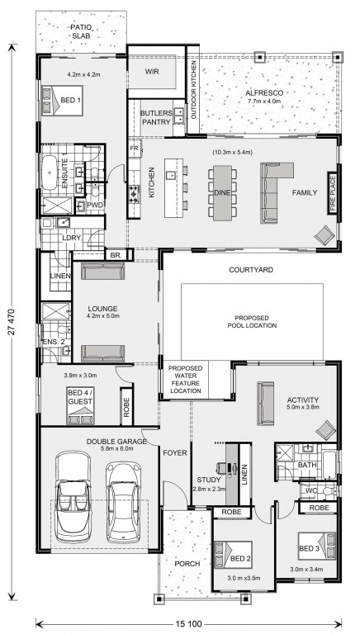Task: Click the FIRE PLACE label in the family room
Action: [x=332, y=193]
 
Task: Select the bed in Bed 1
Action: [x=62, y=100]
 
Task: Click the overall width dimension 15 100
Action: [x=189, y=624]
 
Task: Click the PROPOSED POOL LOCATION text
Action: [x=252, y=321]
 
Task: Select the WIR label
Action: [x=152, y=72]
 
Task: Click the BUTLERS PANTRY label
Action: [x=156, y=117]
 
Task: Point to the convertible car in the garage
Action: [x=73, y=496]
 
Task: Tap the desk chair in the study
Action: [x=221, y=468]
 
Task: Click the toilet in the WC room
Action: [x=330, y=490]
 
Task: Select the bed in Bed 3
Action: [x=317, y=546]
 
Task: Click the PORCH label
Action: [x=187, y=564]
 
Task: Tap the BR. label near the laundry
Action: [x=113, y=255]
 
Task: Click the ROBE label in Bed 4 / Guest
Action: [x=126, y=406]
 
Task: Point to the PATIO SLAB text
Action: [x=81, y=31]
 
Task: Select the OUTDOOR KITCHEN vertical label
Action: [x=193, y=90]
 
